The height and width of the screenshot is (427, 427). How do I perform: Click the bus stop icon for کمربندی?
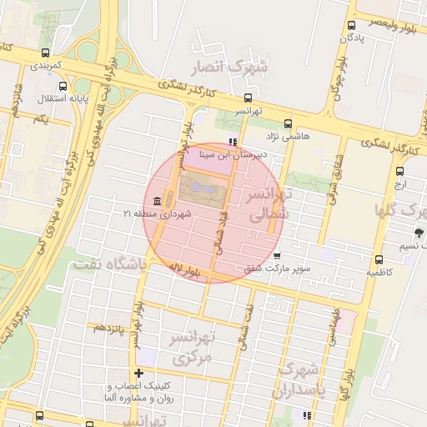pyautogui.click(x=45, y=52)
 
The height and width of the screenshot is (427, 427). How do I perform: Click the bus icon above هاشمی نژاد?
pyautogui.click(x=288, y=123)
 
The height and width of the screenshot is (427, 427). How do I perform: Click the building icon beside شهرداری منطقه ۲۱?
pyautogui.click(x=157, y=201)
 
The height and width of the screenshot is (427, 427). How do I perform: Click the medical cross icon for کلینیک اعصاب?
pyautogui.click(x=139, y=373)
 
